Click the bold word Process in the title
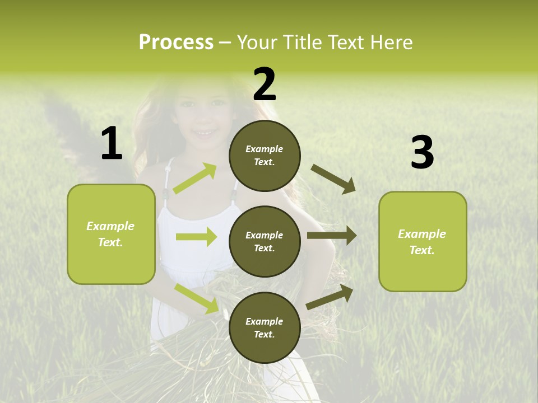176,42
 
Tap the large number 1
112,143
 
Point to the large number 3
422,153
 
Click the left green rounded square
111,234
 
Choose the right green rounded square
423,241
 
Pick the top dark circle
265,156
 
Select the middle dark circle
265,241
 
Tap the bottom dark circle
265,327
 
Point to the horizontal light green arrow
196,237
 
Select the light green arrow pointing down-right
197,298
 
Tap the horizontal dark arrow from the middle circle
332,236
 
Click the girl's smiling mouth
203,133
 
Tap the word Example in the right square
422,234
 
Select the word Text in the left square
110,242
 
